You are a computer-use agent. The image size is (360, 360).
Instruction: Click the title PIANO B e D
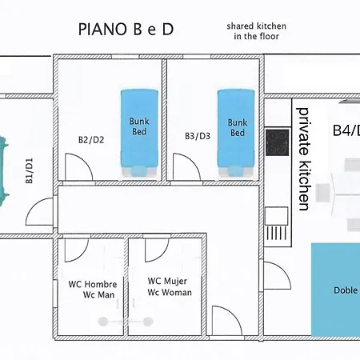click(126, 29)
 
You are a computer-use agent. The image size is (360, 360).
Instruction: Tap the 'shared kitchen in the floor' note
click(257, 31)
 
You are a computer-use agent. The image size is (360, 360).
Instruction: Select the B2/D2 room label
click(91, 140)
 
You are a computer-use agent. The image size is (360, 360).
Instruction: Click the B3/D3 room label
click(198, 136)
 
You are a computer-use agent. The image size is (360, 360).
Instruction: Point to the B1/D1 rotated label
click(30, 171)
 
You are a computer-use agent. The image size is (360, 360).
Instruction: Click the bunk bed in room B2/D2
click(139, 133)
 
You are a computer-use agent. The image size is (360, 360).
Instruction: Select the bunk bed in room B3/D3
click(236, 133)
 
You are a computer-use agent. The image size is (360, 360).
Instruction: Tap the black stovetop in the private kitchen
click(278, 142)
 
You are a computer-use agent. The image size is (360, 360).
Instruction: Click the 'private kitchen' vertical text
click(304, 159)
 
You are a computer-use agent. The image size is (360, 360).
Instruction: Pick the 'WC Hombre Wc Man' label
click(93, 290)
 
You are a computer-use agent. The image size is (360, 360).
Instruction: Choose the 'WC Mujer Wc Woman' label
click(170, 286)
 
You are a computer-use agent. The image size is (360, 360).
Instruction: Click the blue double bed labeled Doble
click(336, 290)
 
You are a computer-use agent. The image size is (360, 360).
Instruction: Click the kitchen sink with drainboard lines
click(277, 223)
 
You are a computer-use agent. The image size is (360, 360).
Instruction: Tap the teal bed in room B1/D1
click(4, 171)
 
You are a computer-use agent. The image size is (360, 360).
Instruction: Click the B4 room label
click(346, 130)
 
